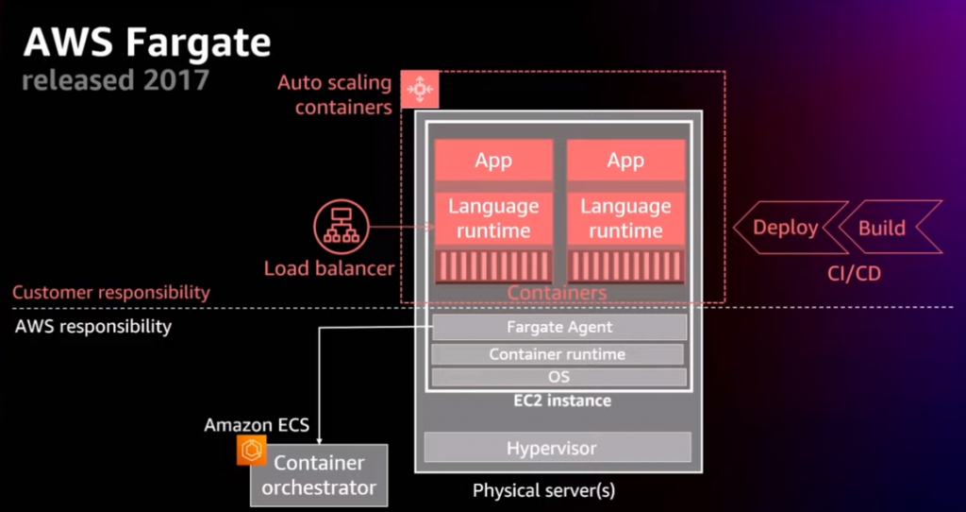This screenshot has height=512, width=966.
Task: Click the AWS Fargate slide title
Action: click(146, 43)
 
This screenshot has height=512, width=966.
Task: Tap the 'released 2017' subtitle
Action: click(115, 79)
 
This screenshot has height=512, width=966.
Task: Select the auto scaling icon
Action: click(420, 89)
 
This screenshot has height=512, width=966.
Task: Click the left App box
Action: click(493, 161)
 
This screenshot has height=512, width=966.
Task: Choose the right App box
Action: click(625, 161)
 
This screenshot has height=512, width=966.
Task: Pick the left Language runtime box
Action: click(493, 218)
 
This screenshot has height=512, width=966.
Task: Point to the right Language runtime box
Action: click(625, 218)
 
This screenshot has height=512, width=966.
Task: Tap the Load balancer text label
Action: click(329, 269)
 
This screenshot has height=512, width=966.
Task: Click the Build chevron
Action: click(882, 228)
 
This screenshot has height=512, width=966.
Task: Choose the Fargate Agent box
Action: click(559, 328)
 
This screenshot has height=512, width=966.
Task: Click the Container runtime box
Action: click(557, 354)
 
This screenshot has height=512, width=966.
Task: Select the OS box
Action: click(558, 377)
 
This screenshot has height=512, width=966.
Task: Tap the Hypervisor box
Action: click(558, 447)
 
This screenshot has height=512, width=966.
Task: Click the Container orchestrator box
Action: click(319, 475)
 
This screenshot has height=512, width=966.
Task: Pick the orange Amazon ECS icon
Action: click(251, 452)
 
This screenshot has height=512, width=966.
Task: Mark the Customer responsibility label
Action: click(111, 293)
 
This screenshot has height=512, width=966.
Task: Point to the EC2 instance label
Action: click(556, 401)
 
